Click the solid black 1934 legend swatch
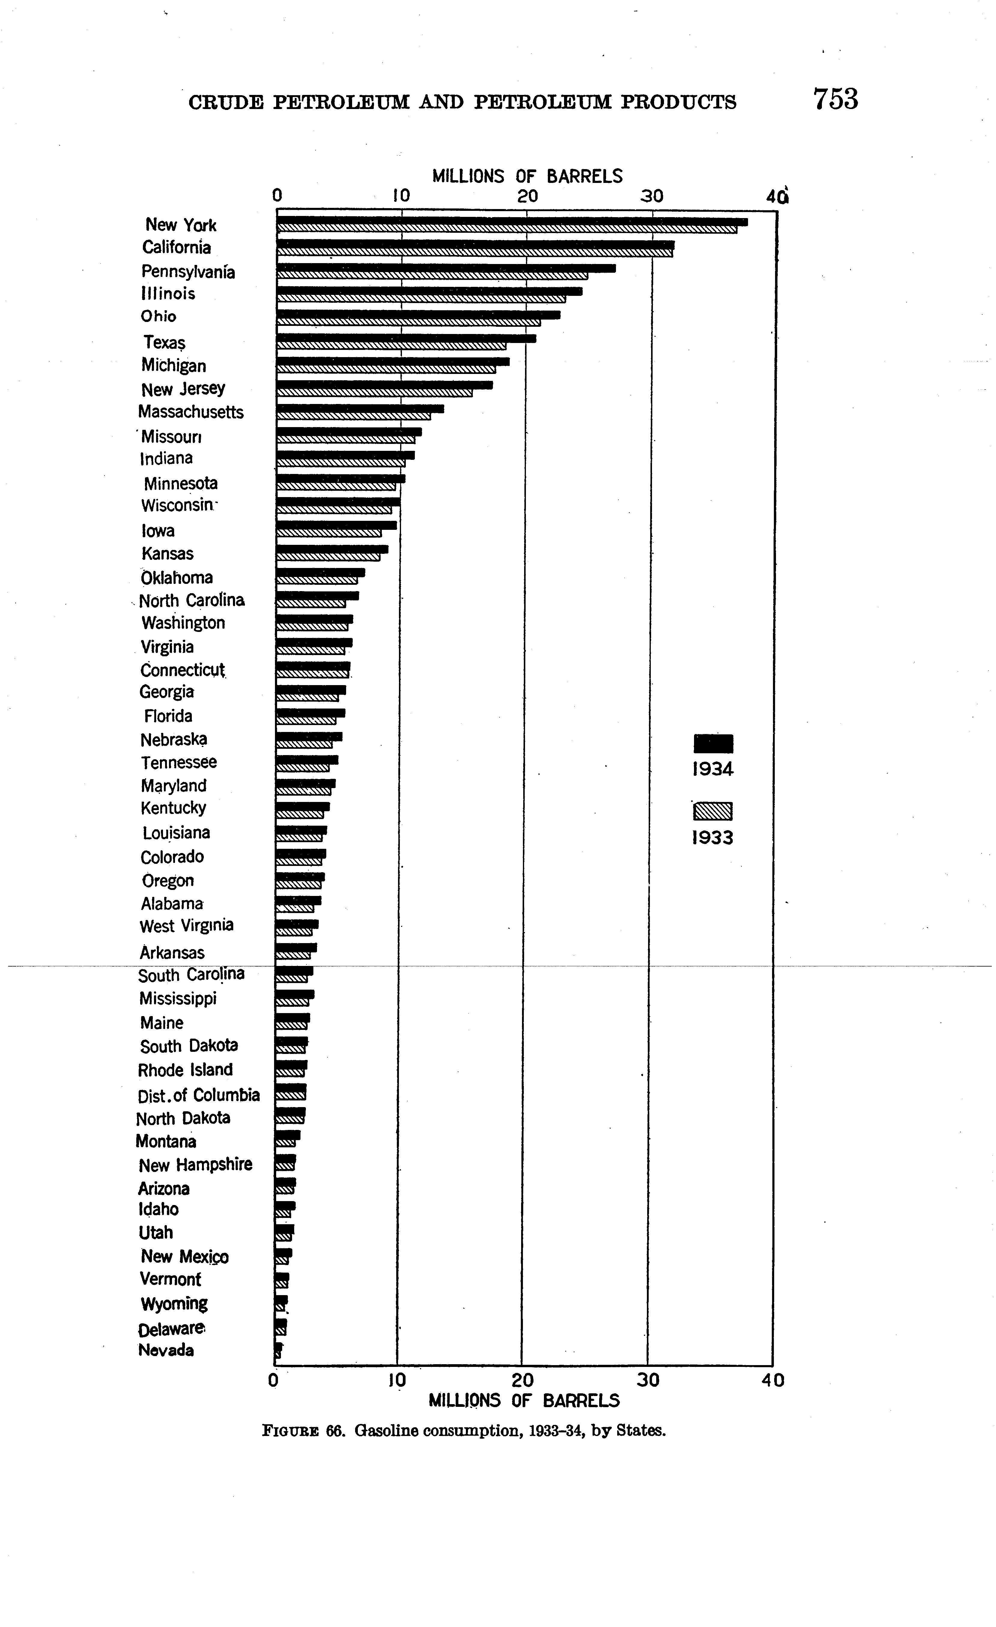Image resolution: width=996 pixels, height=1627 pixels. pos(713,743)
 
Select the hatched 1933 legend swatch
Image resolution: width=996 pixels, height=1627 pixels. pos(713,811)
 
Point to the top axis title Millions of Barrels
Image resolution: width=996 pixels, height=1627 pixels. pos(527,176)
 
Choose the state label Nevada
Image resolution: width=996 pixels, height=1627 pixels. pos(166,1350)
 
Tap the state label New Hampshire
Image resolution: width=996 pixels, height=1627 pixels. pos(195,1165)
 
